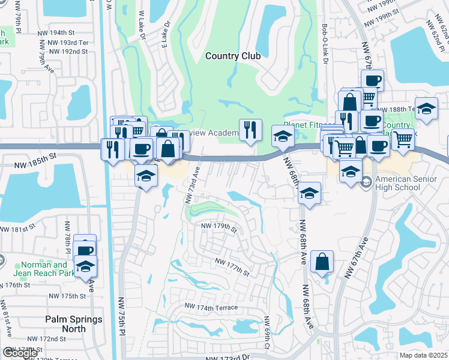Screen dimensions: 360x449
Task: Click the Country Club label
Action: [233, 56]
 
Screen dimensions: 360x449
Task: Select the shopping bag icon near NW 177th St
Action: [322, 261]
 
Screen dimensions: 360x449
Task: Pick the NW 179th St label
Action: [220, 227]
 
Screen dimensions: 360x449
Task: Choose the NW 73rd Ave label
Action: [194, 179]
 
